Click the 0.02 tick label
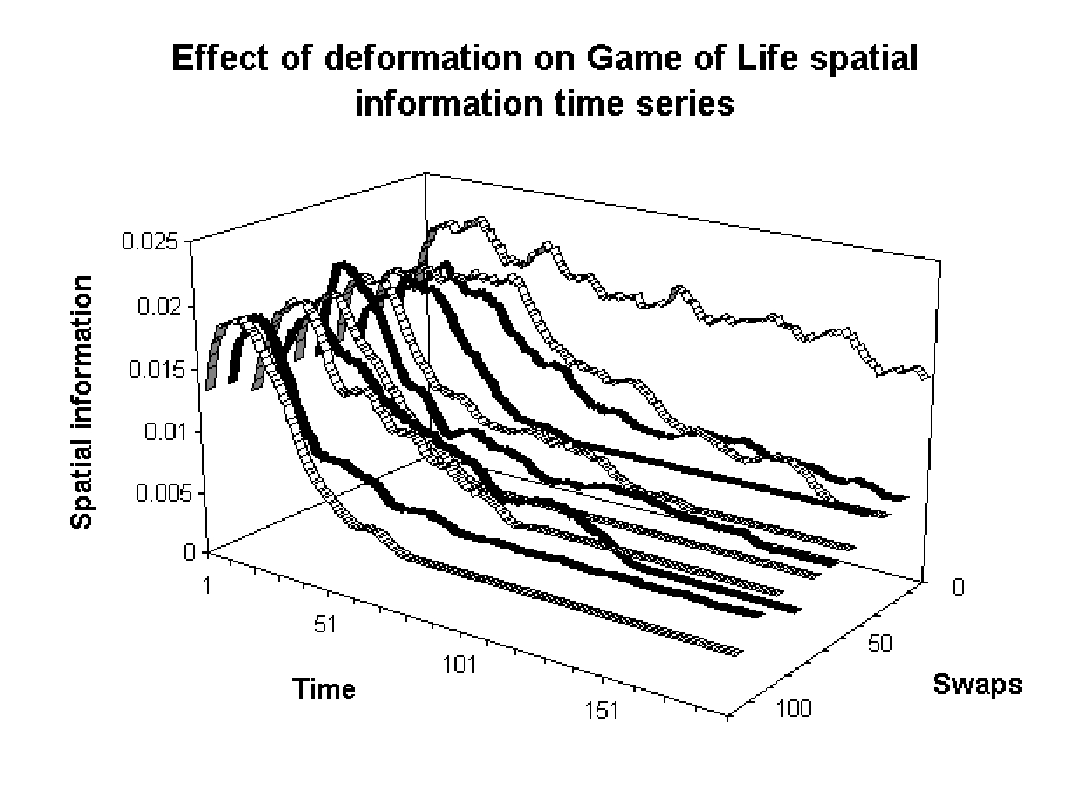coord(159,306)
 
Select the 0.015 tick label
coord(153,369)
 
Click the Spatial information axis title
coord(82,402)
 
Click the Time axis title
coord(324,688)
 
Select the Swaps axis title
coord(977,683)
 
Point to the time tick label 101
coord(459,664)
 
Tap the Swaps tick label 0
coord(959,587)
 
